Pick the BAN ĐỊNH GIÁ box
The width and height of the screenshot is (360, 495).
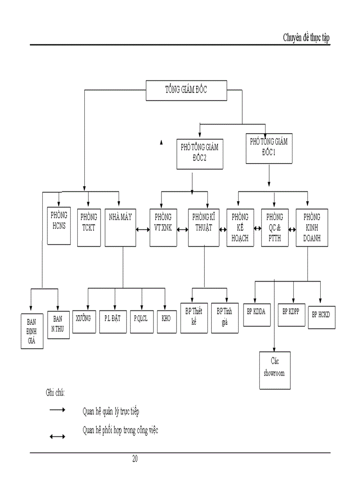pyautogui.click(x=32, y=331)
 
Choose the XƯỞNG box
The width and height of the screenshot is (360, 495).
pyautogui.click(x=86, y=318)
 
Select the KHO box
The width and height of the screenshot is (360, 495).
pyautogui.click(x=166, y=318)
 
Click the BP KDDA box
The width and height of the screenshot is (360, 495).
pyautogui.click(x=257, y=313)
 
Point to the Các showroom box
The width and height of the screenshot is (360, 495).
pyautogui.click(x=275, y=370)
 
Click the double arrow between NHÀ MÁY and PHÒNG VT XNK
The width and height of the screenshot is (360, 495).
pyautogui.click(x=142, y=230)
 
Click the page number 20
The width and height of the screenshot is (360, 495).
pyautogui.click(x=135, y=459)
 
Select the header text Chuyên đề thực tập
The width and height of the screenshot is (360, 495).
pyautogui.click(x=306, y=38)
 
